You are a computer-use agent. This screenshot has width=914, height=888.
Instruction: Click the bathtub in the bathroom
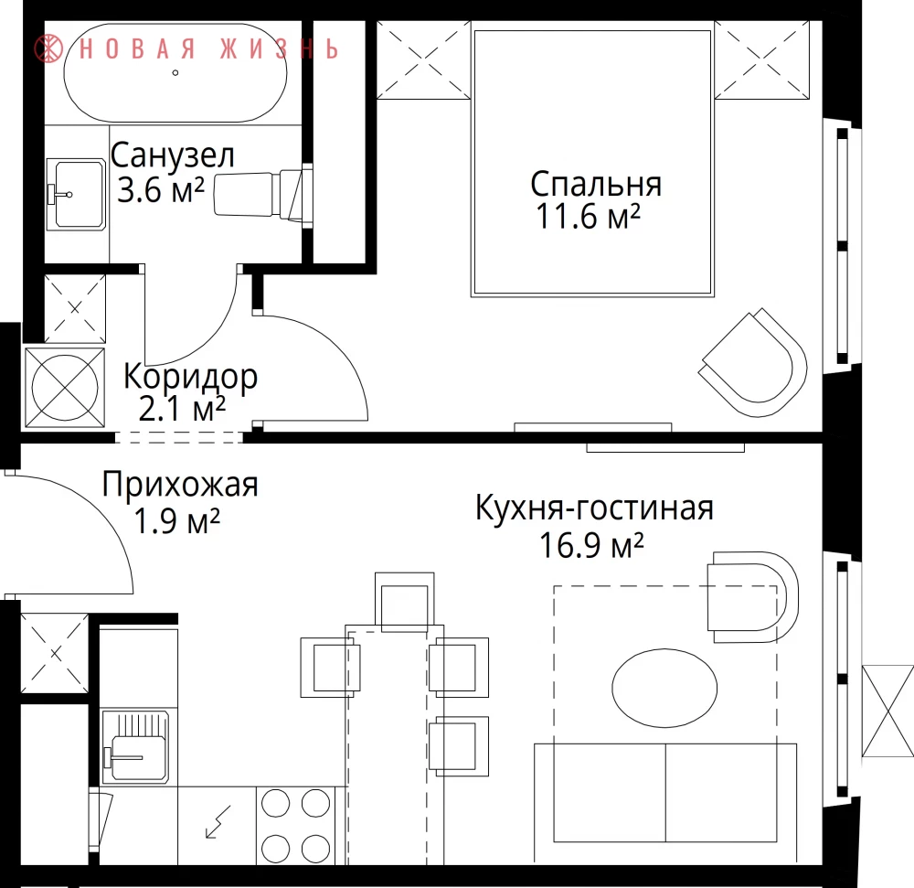coord(175,73)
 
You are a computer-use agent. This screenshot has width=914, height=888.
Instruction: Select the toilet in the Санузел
coord(263,194)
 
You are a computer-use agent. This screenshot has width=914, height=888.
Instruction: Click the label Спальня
coord(596,185)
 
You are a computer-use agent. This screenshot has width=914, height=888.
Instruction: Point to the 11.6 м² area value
coord(588,217)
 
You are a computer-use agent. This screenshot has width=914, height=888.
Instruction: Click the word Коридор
coord(191,378)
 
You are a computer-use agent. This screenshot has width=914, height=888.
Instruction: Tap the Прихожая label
coord(180,485)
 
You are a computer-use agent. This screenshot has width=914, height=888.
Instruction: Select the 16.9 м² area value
coord(591,546)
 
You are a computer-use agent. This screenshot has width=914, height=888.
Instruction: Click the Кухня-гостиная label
coord(595,508)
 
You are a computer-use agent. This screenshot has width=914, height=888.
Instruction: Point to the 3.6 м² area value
coord(161,189)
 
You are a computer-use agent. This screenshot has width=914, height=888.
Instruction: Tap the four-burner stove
coord(295,825)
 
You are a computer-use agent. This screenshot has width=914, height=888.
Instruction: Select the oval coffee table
coord(664,688)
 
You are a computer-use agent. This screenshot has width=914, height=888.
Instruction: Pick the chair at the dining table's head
coord(405,602)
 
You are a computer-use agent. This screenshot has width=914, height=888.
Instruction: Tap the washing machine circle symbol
coord(65,387)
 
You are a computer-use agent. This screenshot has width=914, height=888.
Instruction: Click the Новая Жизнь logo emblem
coord(48,48)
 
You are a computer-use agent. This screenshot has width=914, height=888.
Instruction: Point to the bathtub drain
coord(175,73)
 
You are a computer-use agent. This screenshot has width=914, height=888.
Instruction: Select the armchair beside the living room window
coord(752,597)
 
